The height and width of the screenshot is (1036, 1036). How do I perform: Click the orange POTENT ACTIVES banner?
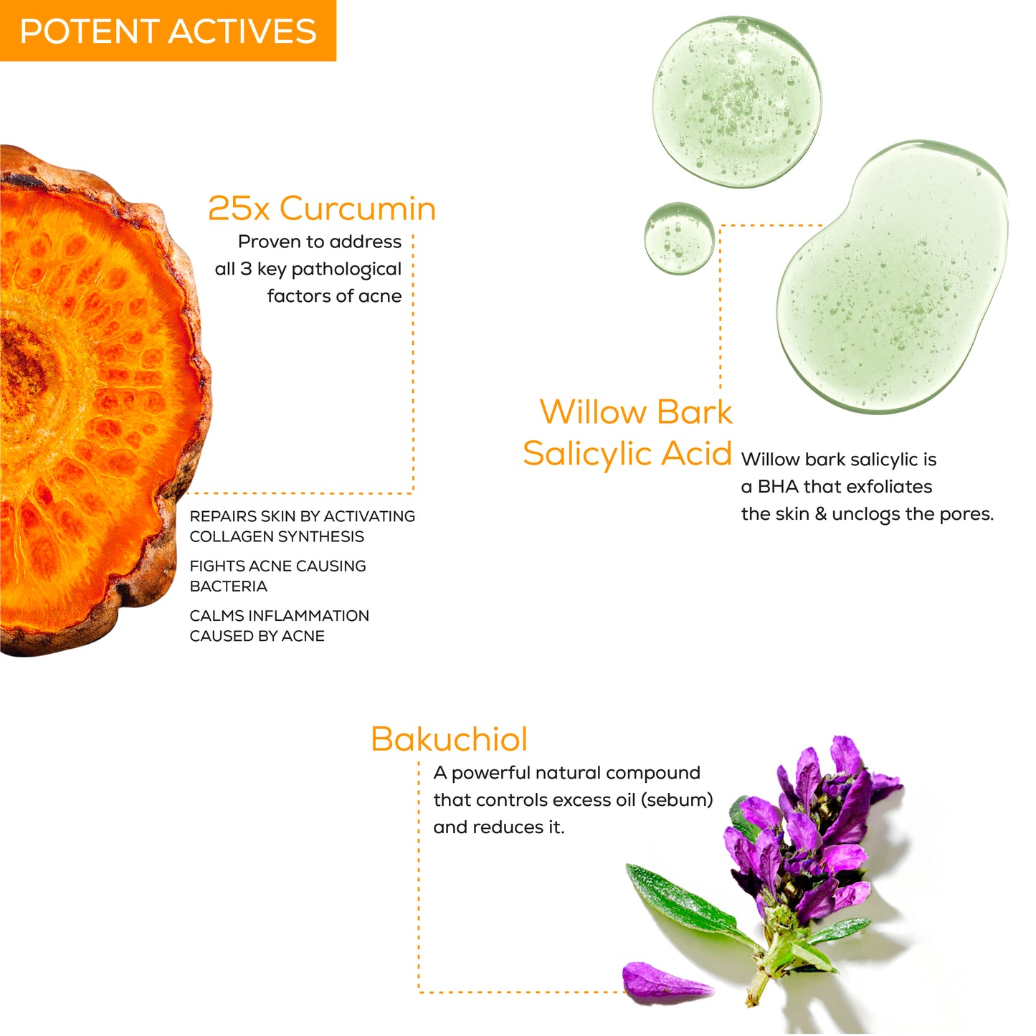point(168,31)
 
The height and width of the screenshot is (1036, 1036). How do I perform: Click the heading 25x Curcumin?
point(322,209)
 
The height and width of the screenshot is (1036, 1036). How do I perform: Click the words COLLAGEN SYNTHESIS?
point(277,536)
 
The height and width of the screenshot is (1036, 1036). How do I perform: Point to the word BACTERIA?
point(228,586)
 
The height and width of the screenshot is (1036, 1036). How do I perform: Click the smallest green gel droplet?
point(679,238)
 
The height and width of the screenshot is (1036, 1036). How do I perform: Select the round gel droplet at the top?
point(736,101)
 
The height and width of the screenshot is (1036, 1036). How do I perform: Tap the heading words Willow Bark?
point(636,412)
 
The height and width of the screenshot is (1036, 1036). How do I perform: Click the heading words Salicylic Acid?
point(627,454)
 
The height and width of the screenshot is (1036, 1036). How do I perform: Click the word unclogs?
point(865,515)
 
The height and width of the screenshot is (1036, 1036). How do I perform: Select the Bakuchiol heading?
point(450,739)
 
